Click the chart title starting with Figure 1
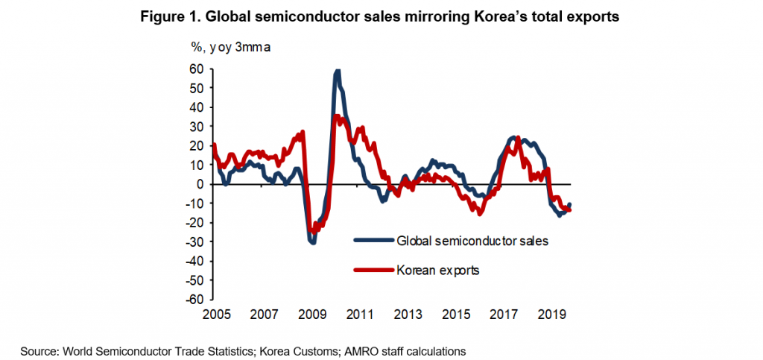pos(381,16)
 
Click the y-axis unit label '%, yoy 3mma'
pos(230,48)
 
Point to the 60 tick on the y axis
pos(196,69)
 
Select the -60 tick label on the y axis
pos(194,299)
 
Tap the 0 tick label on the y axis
pos(200,183)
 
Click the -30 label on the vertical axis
pos(194,241)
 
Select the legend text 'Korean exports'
pos(438,270)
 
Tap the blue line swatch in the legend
pos(373,240)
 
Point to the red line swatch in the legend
pos(373,270)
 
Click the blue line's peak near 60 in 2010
pos(338,71)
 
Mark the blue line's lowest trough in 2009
pos(314,242)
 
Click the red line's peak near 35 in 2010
pos(336,116)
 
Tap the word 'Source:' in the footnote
pos(39,350)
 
